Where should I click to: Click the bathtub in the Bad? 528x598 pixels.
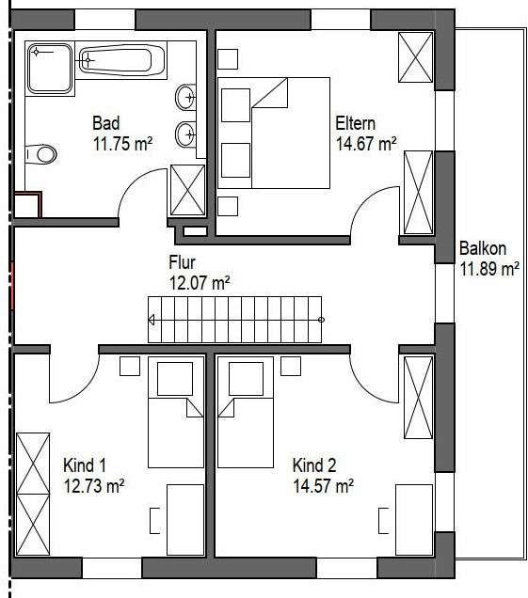tap(115, 62)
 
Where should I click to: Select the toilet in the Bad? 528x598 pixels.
tap(41, 153)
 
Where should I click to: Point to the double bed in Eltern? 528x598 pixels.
tap(275, 133)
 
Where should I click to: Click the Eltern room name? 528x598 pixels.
tap(356, 123)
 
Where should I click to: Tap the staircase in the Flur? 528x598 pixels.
tap(235, 321)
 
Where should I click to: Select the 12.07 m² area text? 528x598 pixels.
tap(199, 281)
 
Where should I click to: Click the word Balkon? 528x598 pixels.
tap(483, 249)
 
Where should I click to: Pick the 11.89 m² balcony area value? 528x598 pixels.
tap(488, 270)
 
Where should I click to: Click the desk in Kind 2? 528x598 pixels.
tap(414, 519)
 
